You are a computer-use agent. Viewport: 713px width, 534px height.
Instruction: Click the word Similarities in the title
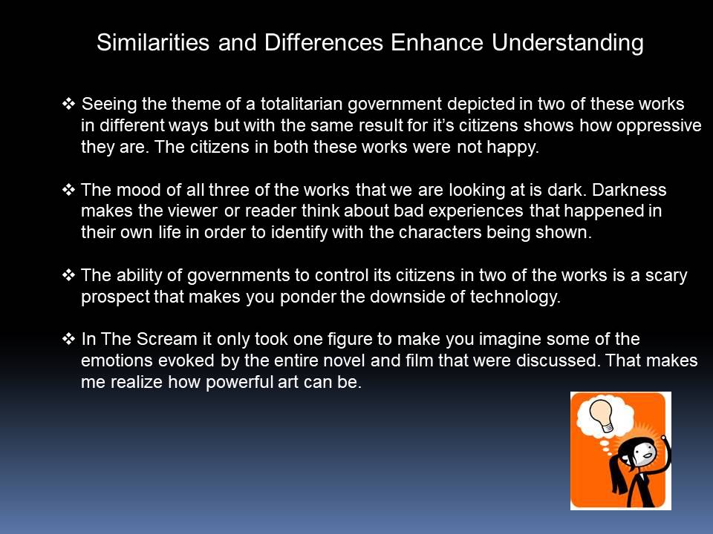(x=153, y=42)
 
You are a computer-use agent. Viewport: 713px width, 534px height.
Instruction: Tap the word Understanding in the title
(x=567, y=44)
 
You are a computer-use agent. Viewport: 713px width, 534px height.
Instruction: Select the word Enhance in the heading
(x=437, y=42)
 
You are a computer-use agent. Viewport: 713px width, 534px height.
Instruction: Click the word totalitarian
(x=302, y=104)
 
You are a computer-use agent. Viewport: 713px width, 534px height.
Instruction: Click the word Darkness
(x=629, y=190)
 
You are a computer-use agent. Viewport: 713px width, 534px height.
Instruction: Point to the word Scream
(x=167, y=339)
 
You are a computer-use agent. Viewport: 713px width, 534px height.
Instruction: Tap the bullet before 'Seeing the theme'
(x=68, y=104)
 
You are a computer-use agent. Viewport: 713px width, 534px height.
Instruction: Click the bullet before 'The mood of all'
(x=68, y=190)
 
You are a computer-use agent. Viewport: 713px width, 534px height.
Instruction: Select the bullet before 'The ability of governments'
(x=68, y=275)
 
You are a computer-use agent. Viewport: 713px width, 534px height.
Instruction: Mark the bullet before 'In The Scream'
(x=68, y=339)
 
